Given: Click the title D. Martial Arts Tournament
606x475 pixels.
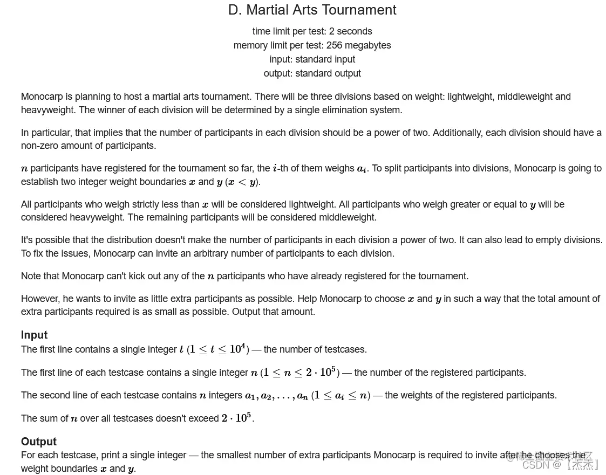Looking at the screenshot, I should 312,10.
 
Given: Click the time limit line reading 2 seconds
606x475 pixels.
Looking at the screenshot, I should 312,31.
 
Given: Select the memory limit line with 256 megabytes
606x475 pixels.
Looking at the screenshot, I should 312,45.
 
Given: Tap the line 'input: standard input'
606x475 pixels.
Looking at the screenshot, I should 312,59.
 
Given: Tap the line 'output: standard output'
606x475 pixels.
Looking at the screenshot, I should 312,73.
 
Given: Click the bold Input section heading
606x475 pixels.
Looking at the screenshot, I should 34,335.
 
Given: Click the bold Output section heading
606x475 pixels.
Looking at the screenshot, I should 38,442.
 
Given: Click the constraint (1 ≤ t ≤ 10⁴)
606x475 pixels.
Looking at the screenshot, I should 217,349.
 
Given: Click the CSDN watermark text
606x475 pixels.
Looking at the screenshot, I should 561,464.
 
